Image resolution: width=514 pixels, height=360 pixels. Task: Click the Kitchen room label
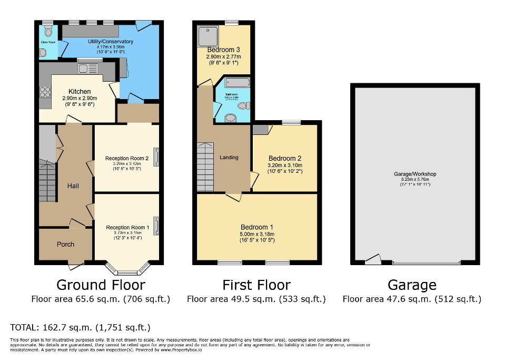coord(79,92)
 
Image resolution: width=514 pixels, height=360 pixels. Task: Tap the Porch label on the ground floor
coord(66,244)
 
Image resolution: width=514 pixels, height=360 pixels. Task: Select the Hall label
coord(73,186)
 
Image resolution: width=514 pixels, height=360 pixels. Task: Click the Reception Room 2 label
coord(127,158)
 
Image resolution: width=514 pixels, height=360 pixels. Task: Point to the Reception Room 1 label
coord(127,227)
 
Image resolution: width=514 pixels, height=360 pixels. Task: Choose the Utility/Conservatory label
coord(111,42)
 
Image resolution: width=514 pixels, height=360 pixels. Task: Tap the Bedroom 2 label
coord(285,158)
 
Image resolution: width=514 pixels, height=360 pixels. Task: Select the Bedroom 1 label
coord(258,228)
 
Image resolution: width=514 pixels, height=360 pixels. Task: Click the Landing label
coord(229,157)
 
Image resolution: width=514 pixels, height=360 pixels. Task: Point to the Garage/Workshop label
coord(415,174)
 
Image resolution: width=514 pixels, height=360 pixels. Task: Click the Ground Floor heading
coord(101,285)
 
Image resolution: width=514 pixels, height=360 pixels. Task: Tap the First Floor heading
coord(256,285)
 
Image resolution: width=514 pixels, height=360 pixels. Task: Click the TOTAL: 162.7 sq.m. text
coord(81,327)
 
